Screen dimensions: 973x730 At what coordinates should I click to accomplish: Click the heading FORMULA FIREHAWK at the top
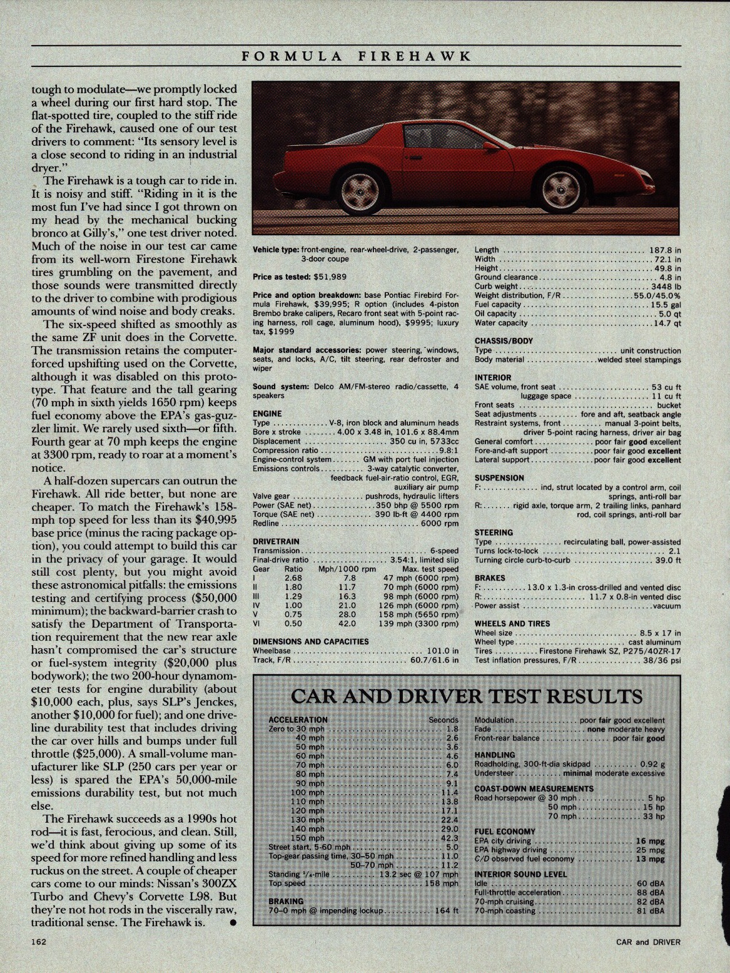click(x=356, y=55)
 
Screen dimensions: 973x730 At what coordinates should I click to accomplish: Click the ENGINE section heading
click(x=267, y=414)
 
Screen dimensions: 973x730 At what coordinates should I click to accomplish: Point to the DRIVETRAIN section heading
click(x=276, y=541)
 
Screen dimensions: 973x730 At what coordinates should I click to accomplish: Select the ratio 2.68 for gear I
click(x=293, y=578)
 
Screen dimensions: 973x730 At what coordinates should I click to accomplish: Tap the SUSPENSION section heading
click(x=499, y=477)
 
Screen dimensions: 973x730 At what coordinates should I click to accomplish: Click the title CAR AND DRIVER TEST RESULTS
click(x=467, y=696)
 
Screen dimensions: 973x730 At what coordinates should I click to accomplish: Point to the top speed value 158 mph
click(x=441, y=884)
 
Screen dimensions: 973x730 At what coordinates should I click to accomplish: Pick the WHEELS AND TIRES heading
click(x=512, y=623)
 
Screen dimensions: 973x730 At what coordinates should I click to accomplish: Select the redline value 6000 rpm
click(x=440, y=523)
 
